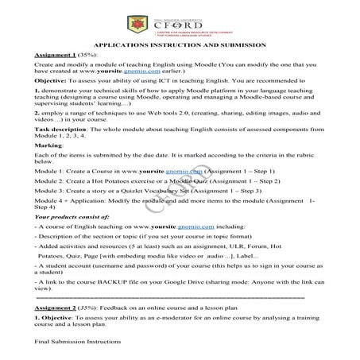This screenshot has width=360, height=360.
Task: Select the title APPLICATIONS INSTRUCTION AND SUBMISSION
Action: tap(180, 46)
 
